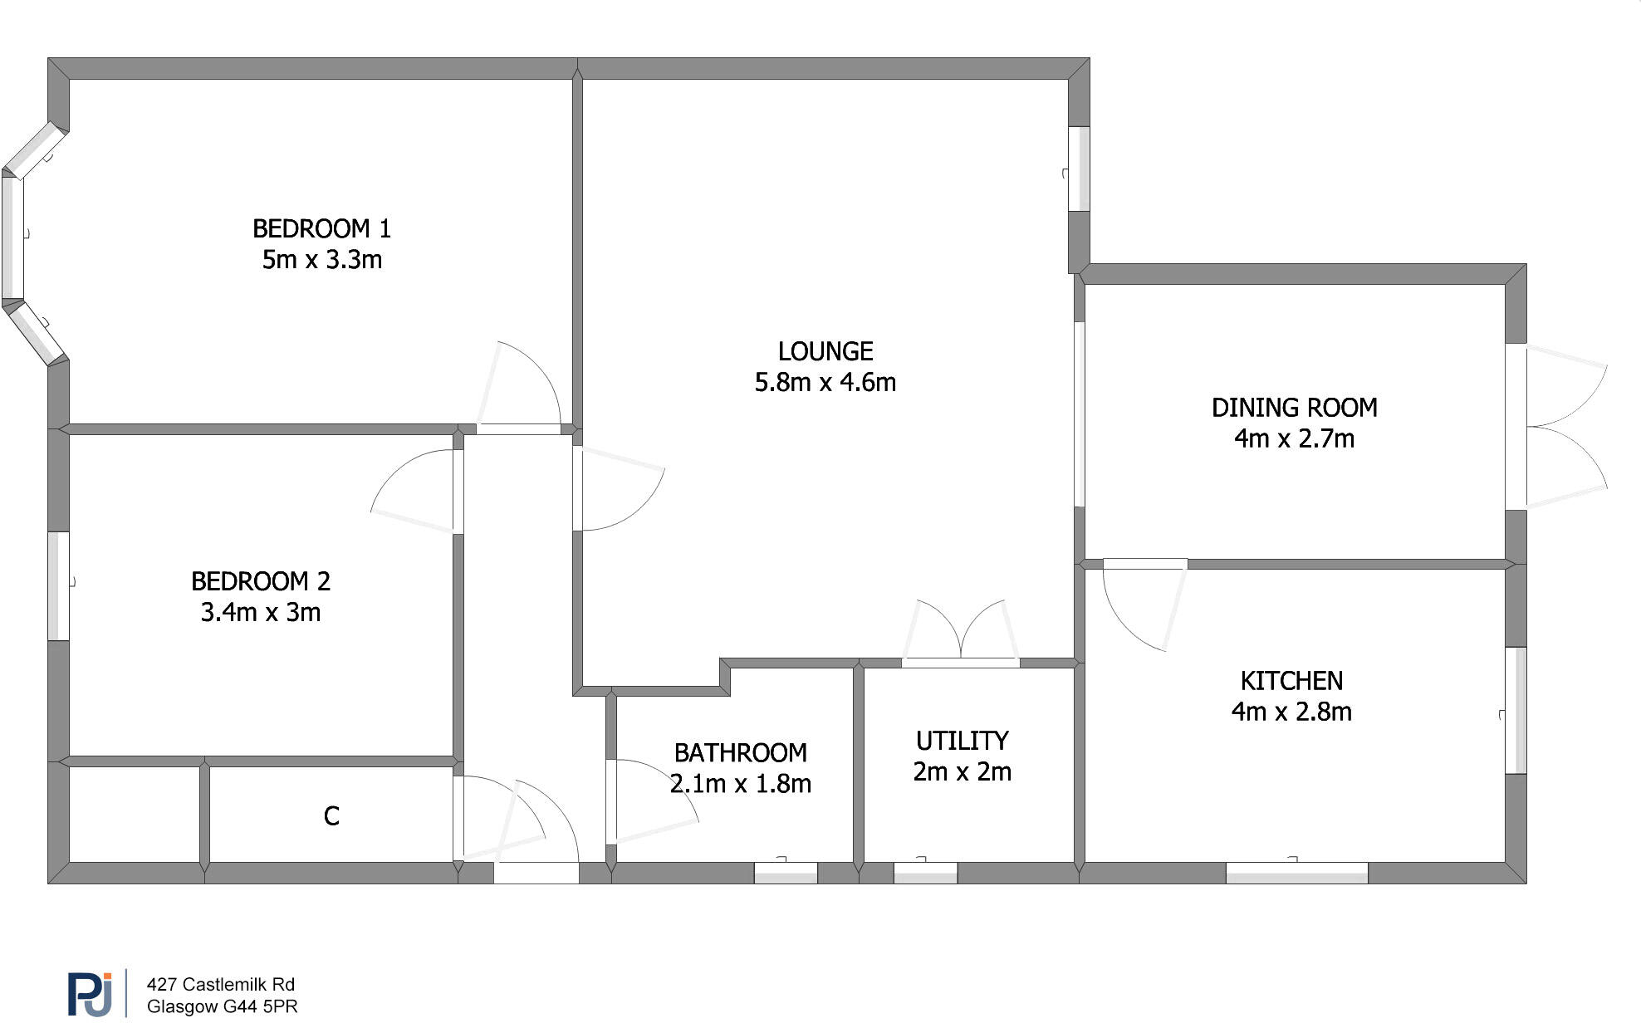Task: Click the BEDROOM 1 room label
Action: coord(321,228)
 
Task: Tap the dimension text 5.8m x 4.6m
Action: coord(825,383)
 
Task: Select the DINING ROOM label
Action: coord(1294,408)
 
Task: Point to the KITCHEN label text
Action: coord(1291,681)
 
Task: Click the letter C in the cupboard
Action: coord(331,816)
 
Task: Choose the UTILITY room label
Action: coord(962,741)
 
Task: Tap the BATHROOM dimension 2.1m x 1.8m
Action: coord(741,784)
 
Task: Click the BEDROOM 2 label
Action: coord(261,581)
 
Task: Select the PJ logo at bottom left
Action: coord(90,994)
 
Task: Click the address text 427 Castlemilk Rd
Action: coord(221,985)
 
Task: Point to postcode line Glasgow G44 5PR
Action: coord(222,1007)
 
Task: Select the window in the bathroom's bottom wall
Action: coord(786,873)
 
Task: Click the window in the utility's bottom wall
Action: coord(925,873)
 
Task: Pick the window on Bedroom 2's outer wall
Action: coord(58,585)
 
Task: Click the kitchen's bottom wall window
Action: coord(1296,873)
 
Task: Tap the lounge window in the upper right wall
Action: coord(1078,169)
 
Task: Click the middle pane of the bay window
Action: coord(12,238)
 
